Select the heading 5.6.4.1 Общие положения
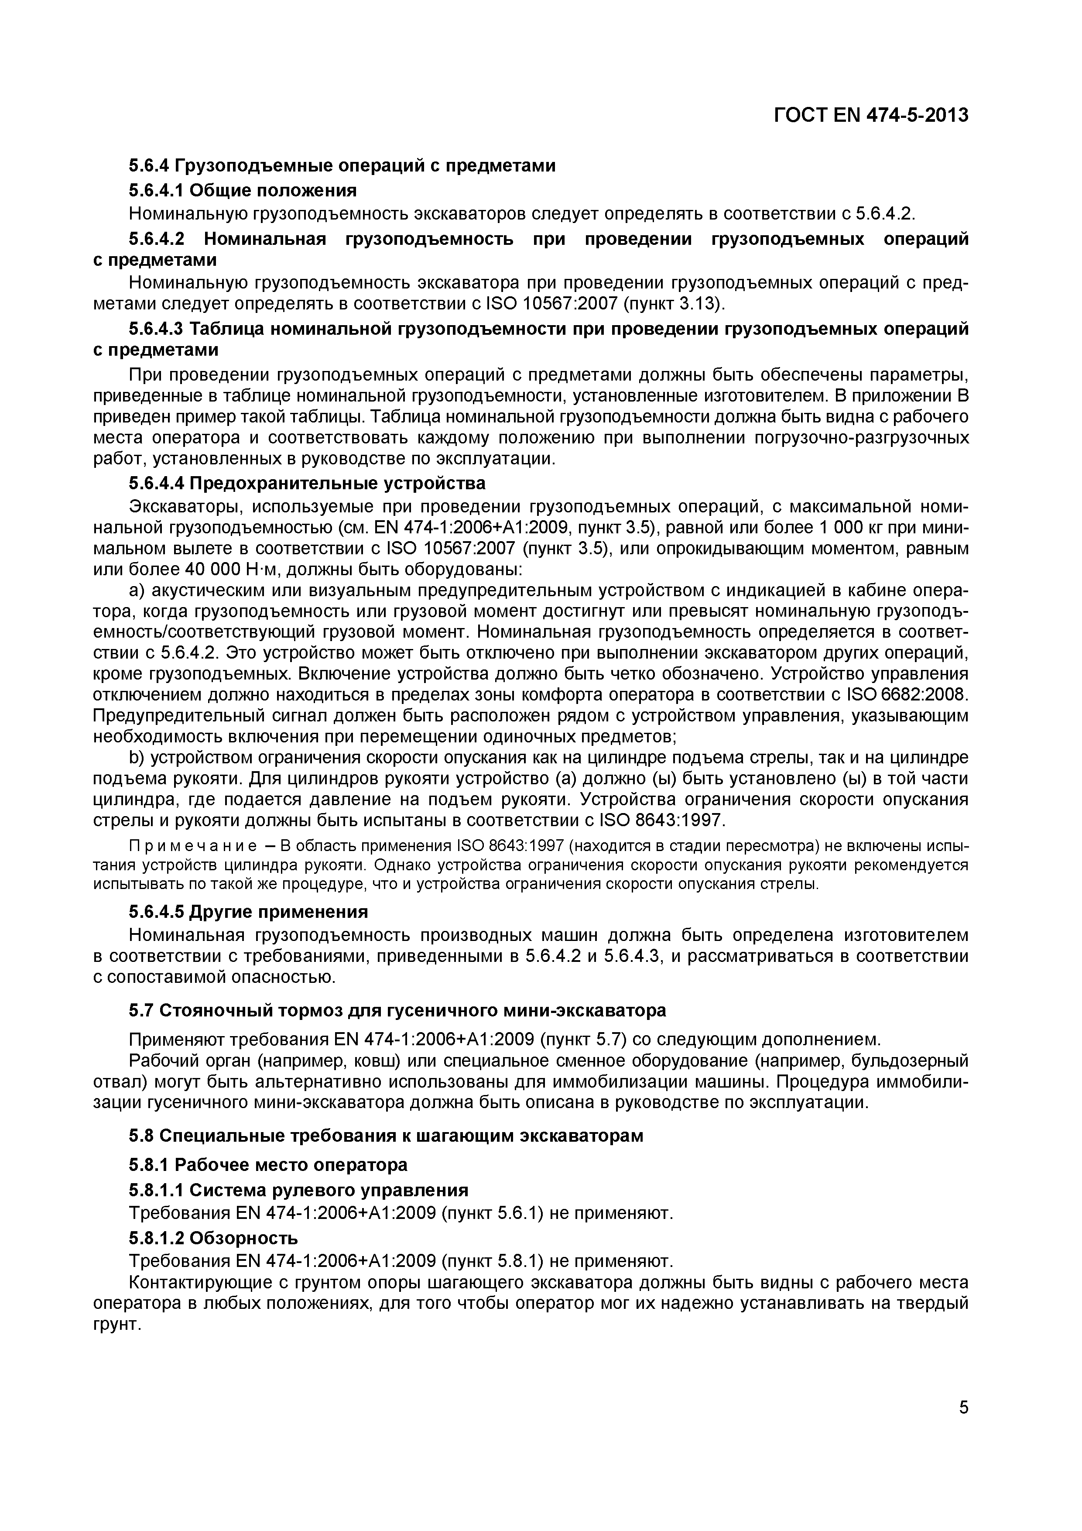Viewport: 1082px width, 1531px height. pyautogui.click(x=243, y=191)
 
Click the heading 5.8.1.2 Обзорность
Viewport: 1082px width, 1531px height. pyautogui.click(x=213, y=1238)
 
